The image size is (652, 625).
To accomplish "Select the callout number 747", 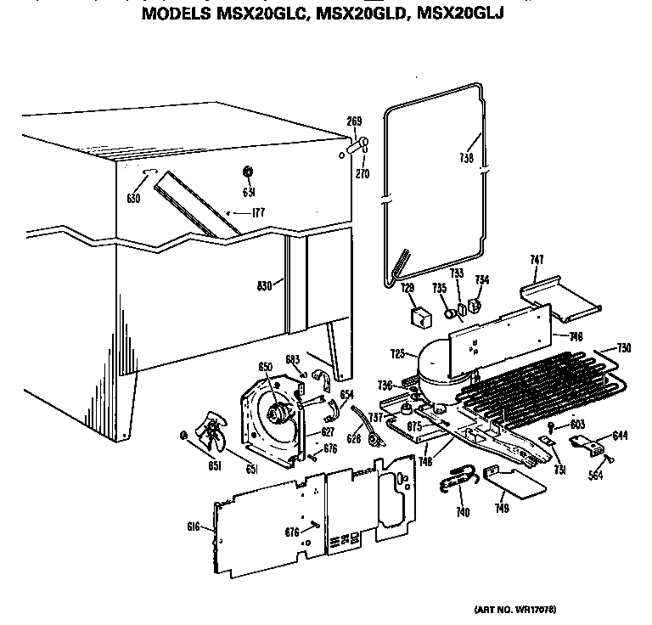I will coord(537,259).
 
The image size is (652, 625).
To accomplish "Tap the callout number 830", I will coord(265,286).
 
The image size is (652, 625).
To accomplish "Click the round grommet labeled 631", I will coord(248,173).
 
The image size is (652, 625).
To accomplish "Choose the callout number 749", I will coord(503,509).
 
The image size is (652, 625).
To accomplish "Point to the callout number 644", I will coord(620,436).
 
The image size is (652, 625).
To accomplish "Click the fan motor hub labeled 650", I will coord(276,414).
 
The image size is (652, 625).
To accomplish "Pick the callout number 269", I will coord(354,122).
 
